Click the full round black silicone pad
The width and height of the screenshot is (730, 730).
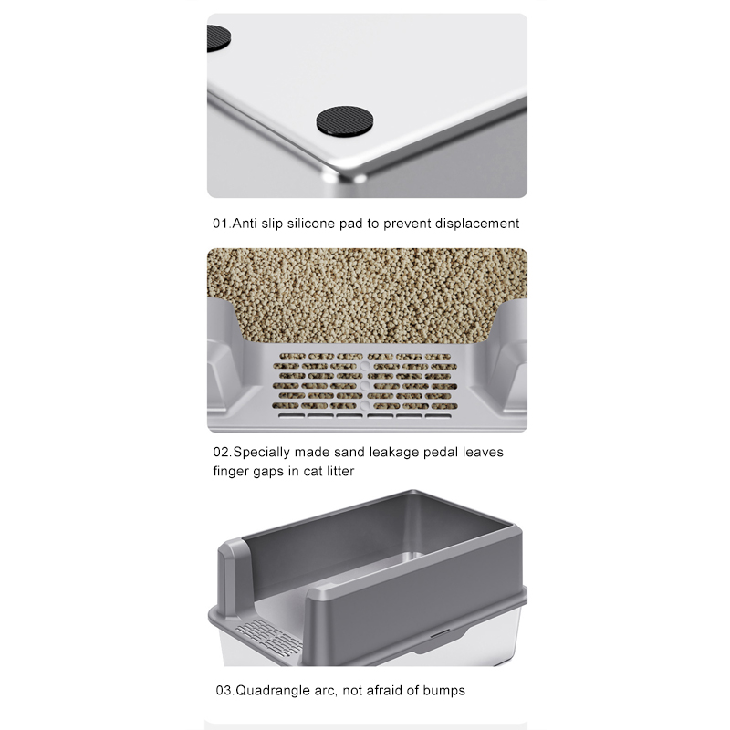click(x=345, y=121)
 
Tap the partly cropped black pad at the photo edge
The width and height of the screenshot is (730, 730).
click(x=218, y=37)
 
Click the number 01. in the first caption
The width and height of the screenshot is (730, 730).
click(x=222, y=224)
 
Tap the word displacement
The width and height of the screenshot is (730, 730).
click(x=476, y=224)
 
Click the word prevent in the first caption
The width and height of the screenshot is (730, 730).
click(x=406, y=224)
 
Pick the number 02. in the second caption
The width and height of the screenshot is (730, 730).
click(x=223, y=452)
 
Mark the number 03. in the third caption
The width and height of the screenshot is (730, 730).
click(x=225, y=691)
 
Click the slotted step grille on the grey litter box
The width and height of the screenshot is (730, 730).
click(x=269, y=637)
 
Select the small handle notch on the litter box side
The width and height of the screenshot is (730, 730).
click(x=440, y=633)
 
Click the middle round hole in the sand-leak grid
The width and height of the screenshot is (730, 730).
click(x=365, y=386)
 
